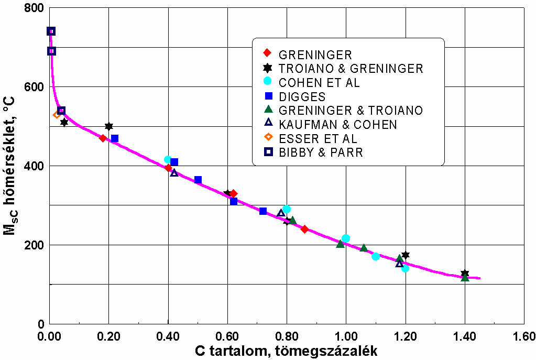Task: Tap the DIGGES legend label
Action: pyautogui.click(x=302, y=97)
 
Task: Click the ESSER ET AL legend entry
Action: pyautogui.click(x=318, y=139)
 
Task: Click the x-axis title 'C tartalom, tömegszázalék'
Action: pyautogui.click(x=287, y=351)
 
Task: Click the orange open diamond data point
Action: pyautogui.click(x=57, y=115)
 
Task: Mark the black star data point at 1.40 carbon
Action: pyautogui.click(x=465, y=274)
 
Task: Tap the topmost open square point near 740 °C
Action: pyautogui.click(x=51, y=31)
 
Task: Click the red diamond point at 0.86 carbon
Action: pyautogui.click(x=304, y=229)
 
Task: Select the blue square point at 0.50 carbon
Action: pyautogui.click(x=198, y=180)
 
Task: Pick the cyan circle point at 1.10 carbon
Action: pyautogui.click(x=375, y=256)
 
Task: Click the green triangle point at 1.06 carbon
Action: pyautogui.click(x=364, y=248)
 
